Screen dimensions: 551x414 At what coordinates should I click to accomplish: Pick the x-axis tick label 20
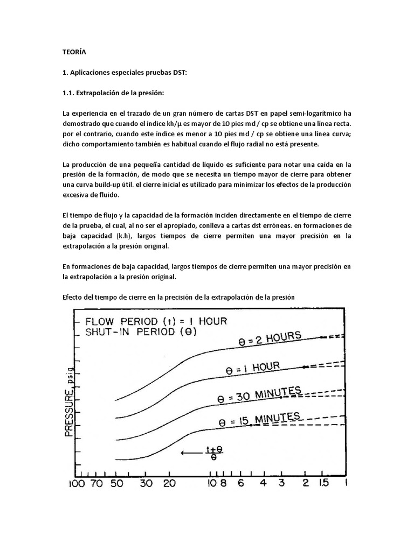(x=170, y=483)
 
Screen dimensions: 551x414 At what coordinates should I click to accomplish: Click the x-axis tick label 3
(x=281, y=483)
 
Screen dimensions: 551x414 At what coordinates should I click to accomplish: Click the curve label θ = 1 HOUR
(x=252, y=368)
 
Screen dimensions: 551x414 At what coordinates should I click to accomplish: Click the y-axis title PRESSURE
(x=70, y=404)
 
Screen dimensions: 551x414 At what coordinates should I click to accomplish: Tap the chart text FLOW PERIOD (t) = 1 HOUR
(x=155, y=320)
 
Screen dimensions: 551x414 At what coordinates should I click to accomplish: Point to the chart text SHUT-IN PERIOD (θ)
(x=141, y=332)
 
